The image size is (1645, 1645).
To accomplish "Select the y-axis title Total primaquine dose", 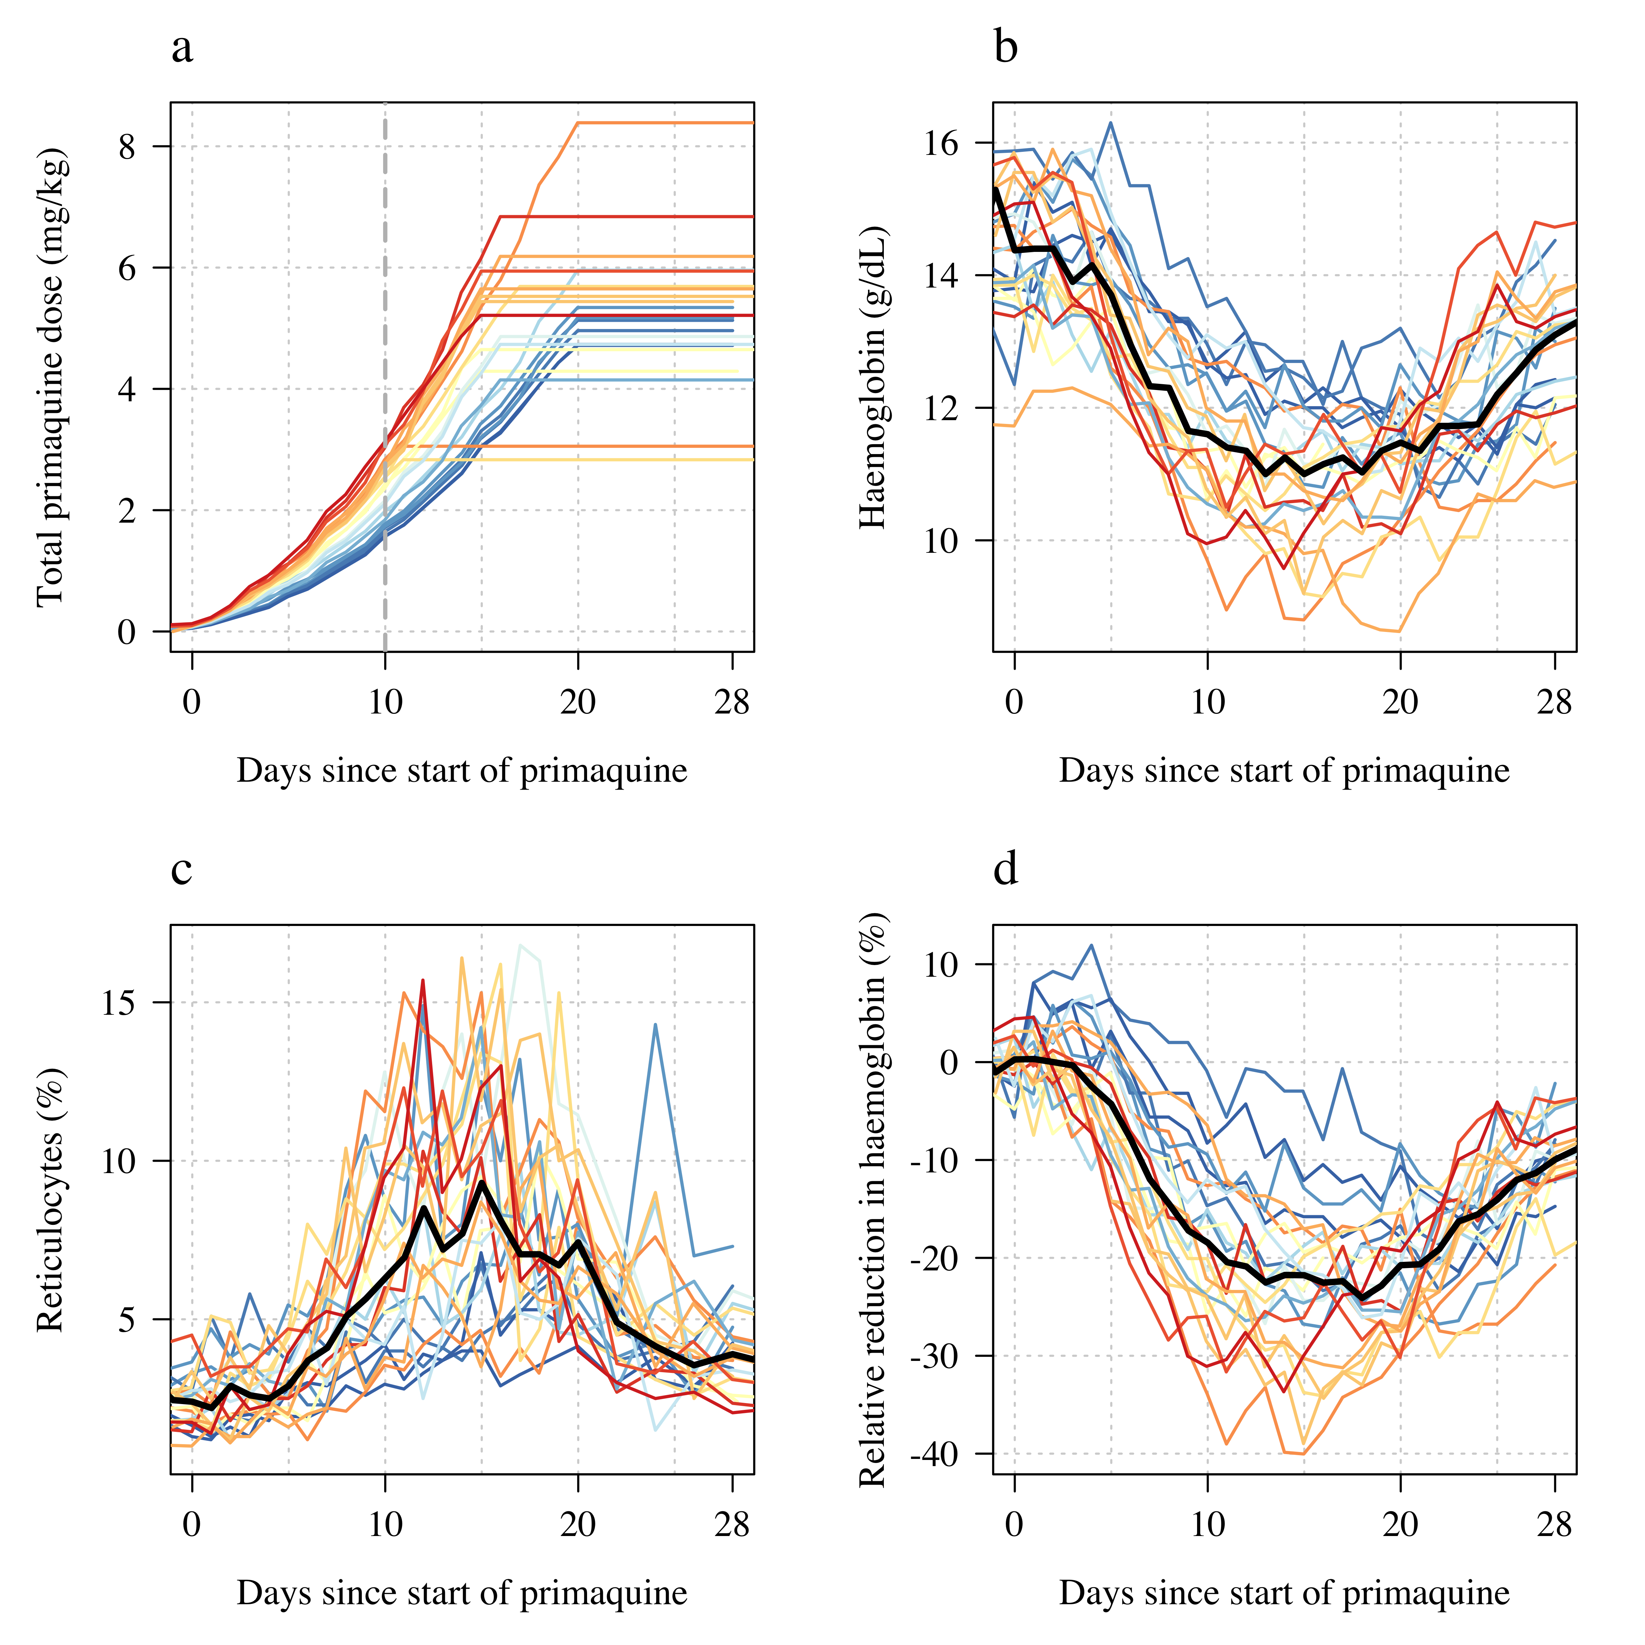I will (x=51, y=377).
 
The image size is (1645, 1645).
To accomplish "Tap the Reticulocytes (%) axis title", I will (x=51, y=1199).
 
